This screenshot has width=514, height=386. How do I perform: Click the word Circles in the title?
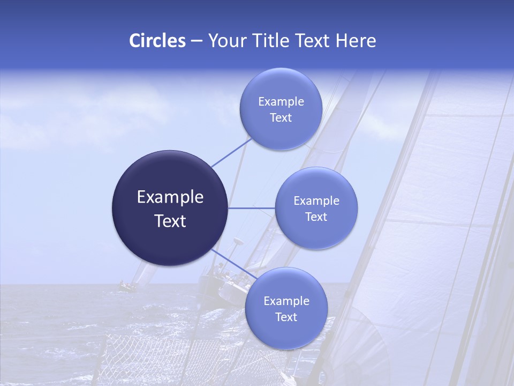(x=157, y=41)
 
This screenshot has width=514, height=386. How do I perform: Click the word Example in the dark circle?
(x=170, y=197)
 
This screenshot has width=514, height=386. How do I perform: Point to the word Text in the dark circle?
(x=170, y=221)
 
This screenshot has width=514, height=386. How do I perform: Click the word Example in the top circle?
(x=281, y=102)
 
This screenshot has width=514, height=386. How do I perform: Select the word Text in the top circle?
(x=281, y=118)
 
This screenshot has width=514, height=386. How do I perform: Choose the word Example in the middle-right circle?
(x=316, y=201)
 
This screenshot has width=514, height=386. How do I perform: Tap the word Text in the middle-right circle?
(x=316, y=217)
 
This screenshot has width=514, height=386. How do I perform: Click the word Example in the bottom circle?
(x=286, y=301)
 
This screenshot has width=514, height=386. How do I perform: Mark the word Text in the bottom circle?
(x=286, y=317)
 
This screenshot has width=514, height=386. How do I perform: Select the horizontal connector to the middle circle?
(x=252, y=208)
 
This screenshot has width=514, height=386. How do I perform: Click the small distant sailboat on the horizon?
(x=127, y=285)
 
